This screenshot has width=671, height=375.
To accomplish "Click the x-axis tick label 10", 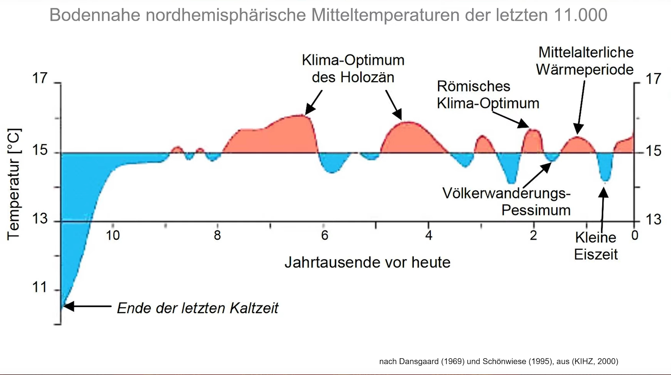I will pyautogui.click(x=113, y=235).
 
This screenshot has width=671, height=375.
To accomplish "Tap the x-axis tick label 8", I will pyautogui.click(x=217, y=235).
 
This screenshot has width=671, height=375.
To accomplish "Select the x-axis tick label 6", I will pyautogui.click(x=324, y=235).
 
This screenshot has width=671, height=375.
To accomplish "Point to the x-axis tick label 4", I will pyautogui.click(x=429, y=235).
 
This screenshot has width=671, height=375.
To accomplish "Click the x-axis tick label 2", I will pyautogui.click(x=533, y=235).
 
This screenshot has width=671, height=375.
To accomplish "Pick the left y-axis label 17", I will pyautogui.click(x=40, y=78).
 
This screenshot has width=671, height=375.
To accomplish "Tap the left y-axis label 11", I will pyautogui.click(x=40, y=288).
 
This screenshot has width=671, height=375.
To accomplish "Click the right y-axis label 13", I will pyautogui.click(x=654, y=220).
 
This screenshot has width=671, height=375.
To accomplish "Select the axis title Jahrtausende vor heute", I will pyautogui.click(x=367, y=262).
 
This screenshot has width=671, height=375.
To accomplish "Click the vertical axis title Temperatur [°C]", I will pyautogui.click(x=14, y=184).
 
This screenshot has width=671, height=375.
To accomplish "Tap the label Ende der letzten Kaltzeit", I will pyautogui.click(x=197, y=308).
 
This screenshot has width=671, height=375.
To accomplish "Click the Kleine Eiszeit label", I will pyautogui.click(x=596, y=246).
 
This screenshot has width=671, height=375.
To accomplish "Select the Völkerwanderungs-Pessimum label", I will pyautogui.click(x=506, y=201).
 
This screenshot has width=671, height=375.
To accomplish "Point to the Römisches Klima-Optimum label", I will pyautogui.click(x=488, y=95).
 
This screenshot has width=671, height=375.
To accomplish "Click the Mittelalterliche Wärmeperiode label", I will pyautogui.click(x=585, y=61).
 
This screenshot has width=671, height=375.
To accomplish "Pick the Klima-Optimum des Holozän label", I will pyautogui.click(x=353, y=68).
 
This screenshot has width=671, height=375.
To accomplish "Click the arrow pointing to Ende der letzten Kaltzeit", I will pyautogui.click(x=87, y=306).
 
